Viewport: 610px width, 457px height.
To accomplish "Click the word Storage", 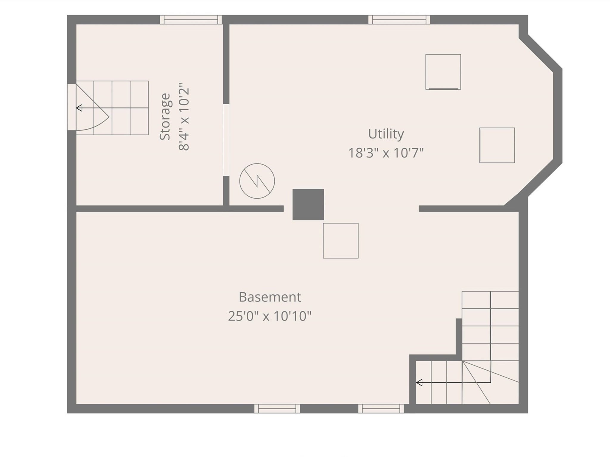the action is tap(165, 117).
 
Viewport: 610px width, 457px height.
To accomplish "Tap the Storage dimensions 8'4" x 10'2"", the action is tap(184, 119).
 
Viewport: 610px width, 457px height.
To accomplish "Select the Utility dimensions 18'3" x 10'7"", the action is tap(386, 153).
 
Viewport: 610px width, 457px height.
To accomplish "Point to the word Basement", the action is tap(270, 297).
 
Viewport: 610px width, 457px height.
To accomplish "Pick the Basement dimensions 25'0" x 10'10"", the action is tap(270, 316).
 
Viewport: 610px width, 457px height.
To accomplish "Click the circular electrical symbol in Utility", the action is tap(257, 181).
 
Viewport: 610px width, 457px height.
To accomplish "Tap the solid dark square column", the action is tap(308, 204).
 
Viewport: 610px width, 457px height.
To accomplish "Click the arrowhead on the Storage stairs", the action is tap(79, 108).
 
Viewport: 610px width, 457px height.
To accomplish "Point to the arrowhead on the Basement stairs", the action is tap(419, 383).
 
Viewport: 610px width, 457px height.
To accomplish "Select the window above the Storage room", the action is tap(191, 20).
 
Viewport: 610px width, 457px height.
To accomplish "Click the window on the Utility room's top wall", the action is tap(399, 20).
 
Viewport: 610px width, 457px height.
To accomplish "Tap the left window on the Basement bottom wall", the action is tap(277, 408).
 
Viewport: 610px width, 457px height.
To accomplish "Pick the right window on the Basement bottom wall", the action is tap(381, 408).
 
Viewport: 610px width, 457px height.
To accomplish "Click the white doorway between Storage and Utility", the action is tap(226, 140).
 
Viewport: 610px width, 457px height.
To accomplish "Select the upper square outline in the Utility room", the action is tap(443, 72).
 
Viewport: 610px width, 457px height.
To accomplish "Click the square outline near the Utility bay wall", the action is tap(497, 145).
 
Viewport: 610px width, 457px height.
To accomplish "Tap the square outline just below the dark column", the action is tap(341, 241).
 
